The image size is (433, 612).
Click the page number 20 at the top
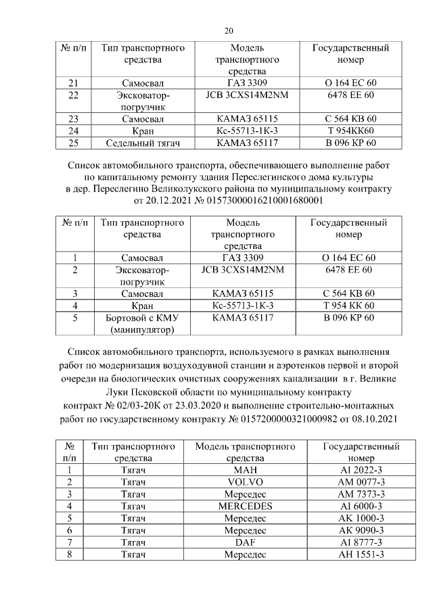click(x=229, y=30)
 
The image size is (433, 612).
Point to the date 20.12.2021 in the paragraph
click(x=168, y=201)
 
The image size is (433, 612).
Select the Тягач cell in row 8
click(x=133, y=555)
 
